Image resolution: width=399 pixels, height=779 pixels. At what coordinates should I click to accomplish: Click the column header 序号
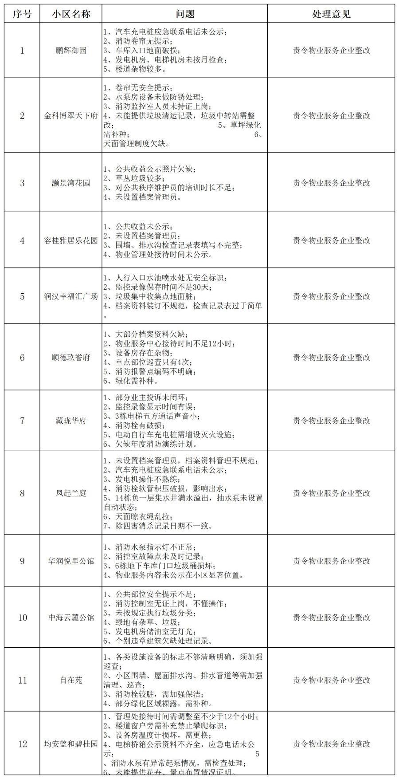[x=22, y=14]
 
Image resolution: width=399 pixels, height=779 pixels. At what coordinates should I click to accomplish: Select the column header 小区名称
[x=71, y=14]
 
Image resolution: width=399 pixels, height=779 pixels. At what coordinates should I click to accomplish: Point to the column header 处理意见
[x=331, y=14]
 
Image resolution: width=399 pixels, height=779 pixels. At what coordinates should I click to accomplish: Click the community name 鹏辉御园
[x=71, y=50]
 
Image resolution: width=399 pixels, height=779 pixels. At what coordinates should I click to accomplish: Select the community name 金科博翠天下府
[x=71, y=116]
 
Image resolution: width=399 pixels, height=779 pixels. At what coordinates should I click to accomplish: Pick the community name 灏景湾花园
[x=71, y=183]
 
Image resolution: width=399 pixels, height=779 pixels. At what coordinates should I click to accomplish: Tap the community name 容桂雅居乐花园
[x=71, y=240]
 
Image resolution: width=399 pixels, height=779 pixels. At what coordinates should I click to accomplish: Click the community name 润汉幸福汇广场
[x=71, y=296]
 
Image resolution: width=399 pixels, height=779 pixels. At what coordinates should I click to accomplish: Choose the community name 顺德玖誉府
[x=71, y=358]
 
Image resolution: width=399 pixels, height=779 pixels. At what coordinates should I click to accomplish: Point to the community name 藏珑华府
[x=71, y=421]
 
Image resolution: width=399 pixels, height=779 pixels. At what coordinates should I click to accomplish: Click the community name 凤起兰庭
[x=71, y=493]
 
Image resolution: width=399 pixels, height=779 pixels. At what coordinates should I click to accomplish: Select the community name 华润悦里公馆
[x=71, y=561]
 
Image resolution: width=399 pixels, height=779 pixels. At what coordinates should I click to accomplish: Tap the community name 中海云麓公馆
[x=71, y=618]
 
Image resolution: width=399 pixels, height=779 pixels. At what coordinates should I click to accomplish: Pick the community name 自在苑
[x=71, y=680]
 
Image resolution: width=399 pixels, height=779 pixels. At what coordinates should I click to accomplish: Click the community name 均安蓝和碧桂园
[x=71, y=744]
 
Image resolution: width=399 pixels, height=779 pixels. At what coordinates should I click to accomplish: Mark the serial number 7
[x=22, y=421]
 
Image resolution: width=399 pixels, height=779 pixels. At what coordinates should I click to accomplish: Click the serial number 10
[x=22, y=618]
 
